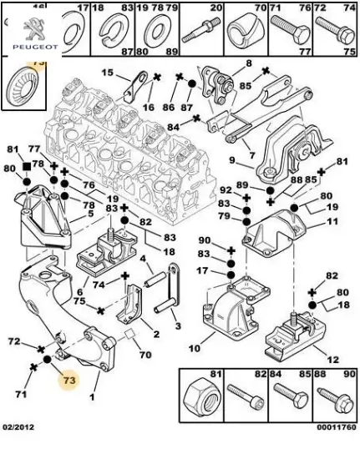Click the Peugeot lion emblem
coord(35,28)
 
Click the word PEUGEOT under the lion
coord(35,47)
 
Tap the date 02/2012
coord(18,427)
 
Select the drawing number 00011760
coord(337,427)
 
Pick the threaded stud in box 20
coord(200,30)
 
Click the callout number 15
coord(107,73)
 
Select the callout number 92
coord(226,190)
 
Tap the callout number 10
coord(195,348)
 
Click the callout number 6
coord(80,292)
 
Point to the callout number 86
coord(169,107)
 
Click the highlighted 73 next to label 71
coord(69,381)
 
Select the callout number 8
coord(249,63)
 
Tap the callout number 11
coord(332,221)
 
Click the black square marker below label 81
coord(27,167)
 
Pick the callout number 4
coord(143,259)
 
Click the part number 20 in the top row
coord(216,8)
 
